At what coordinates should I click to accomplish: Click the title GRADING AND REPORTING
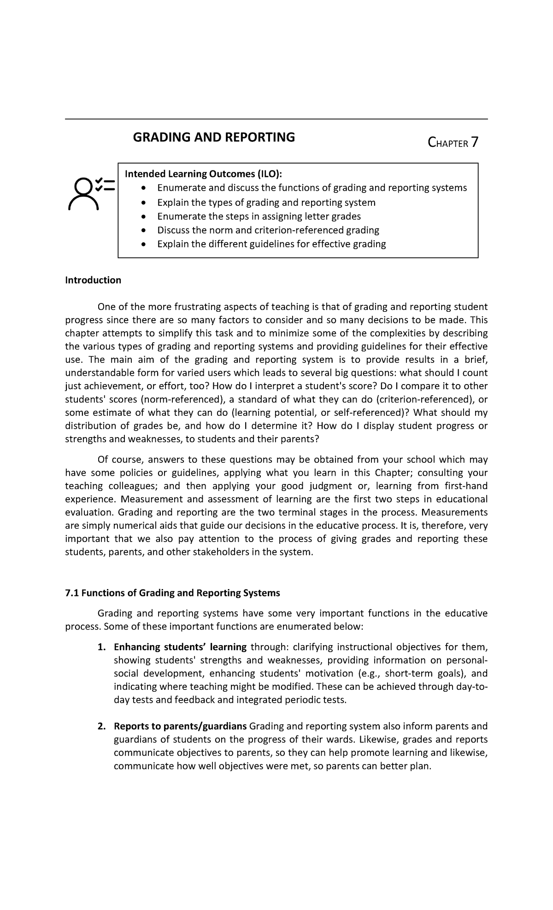click(x=214, y=137)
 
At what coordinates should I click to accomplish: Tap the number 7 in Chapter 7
click(x=474, y=143)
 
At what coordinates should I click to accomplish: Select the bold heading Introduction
click(x=93, y=280)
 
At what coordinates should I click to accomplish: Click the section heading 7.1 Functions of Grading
click(x=172, y=593)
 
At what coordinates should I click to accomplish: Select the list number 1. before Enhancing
click(x=101, y=647)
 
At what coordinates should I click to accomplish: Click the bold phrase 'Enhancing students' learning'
click(x=180, y=647)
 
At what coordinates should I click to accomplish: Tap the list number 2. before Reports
click(x=101, y=726)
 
